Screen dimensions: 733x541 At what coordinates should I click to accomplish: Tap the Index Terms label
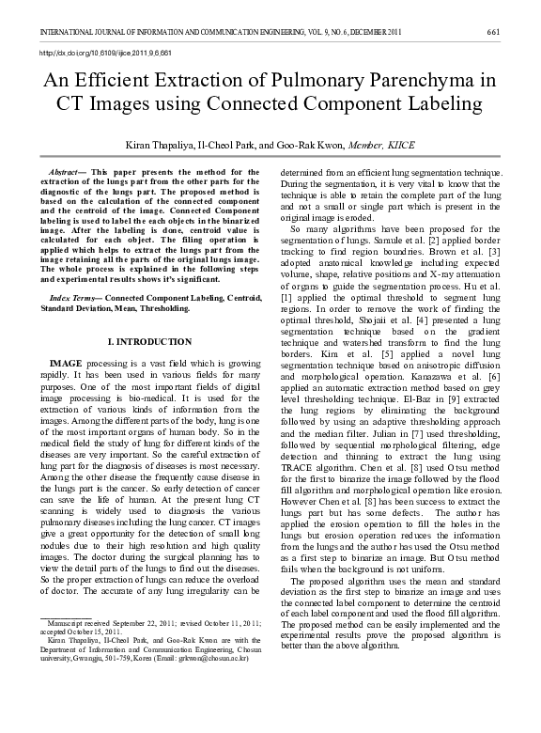click(x=75, y=297)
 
